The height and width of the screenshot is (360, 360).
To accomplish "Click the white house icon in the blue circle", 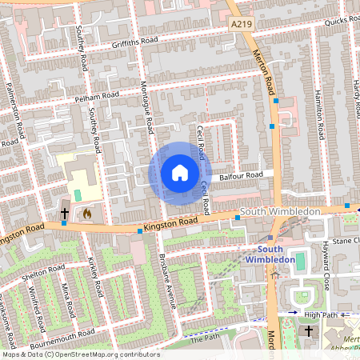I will (180, 173).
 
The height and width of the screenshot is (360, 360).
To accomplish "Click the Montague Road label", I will (147, 111).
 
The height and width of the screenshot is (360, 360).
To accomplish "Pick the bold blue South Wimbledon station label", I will (270, 254).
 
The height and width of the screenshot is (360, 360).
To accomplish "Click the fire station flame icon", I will (86, 214).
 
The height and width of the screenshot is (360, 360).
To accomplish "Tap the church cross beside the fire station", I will (65, 214).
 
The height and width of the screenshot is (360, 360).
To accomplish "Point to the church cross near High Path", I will (310, 330).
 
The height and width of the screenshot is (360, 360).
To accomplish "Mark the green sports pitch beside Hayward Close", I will (300, 261).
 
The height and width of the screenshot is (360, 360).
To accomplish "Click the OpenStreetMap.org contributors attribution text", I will (107, 354).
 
